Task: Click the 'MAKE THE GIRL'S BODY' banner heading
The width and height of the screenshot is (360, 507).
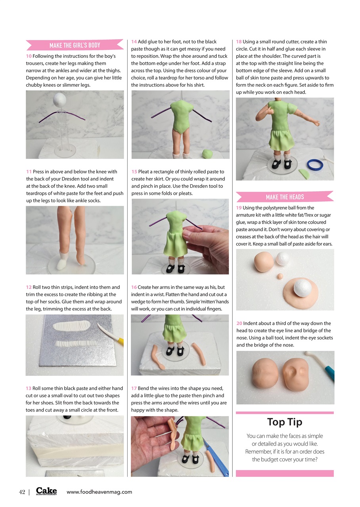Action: pyautogui.click(x=75, y=45)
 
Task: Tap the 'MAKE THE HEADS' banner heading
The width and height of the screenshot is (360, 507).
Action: pyautogui.click(x=285, y=197)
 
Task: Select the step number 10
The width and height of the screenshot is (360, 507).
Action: pyautogui.click(x=29, y=56)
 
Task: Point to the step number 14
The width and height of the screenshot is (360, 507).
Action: pyautogui.click(x=134, y=42)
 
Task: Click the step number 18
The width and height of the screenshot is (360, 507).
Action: pyautogui.click(x=239, y=42)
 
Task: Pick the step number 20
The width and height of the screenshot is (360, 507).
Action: pyautogui.click(x=239, y=323)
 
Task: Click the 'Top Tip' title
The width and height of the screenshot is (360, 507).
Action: pyautogui.click(x=284, y=422)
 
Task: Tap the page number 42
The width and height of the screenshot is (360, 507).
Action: pyautogui.click(x=22, y=492)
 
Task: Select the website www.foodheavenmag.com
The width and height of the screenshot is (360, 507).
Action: pyautogui.click(x=99, y=492)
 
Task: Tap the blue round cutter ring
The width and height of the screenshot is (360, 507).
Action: pyautogui.click(x=315, y=164)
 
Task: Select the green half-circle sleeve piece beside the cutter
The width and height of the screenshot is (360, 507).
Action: pyautogui.click(x=305, y=173)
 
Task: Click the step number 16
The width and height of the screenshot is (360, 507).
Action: pyautogui.click(x=134, y=287)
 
